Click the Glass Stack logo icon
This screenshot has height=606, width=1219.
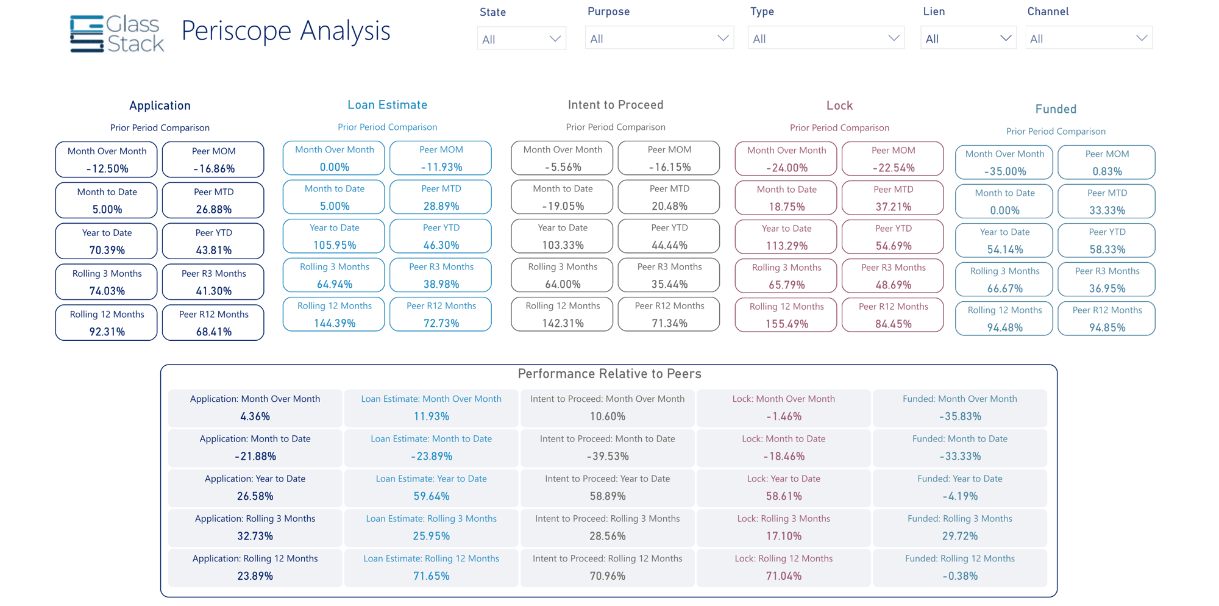pos(87,34)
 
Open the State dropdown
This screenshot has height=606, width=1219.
pos(521,39)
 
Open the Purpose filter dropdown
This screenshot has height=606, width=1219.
pos(659,38)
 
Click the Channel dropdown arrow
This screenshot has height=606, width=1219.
pos(1142,38)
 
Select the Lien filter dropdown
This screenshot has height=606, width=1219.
pos(968,38)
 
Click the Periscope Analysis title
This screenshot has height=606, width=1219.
pos(285,31)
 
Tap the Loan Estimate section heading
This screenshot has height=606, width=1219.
pos(387,105)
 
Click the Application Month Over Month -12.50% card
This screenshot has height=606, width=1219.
pos(107,160)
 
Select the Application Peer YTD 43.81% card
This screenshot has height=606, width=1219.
pos(213,241)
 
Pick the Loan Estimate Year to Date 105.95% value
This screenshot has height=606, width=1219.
pos(334,245)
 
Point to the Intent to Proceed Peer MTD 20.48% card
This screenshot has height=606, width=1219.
pos(669,198)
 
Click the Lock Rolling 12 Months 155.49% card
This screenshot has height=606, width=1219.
pos(786,315)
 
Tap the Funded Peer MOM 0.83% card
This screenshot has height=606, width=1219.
pos(1106,163)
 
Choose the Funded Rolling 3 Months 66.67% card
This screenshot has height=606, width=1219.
pos(1004,280)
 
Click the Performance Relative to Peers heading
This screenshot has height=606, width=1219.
pos(609,374)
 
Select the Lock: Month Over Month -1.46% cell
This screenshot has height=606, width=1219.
pos(783,408)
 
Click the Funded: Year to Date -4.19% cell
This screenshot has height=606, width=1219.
pos(959,488)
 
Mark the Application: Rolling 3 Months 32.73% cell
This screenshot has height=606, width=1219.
pos(255,527)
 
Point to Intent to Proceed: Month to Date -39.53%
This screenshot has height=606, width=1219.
pos(607,447)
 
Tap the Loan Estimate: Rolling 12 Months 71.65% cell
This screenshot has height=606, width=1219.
pos(431,568)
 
